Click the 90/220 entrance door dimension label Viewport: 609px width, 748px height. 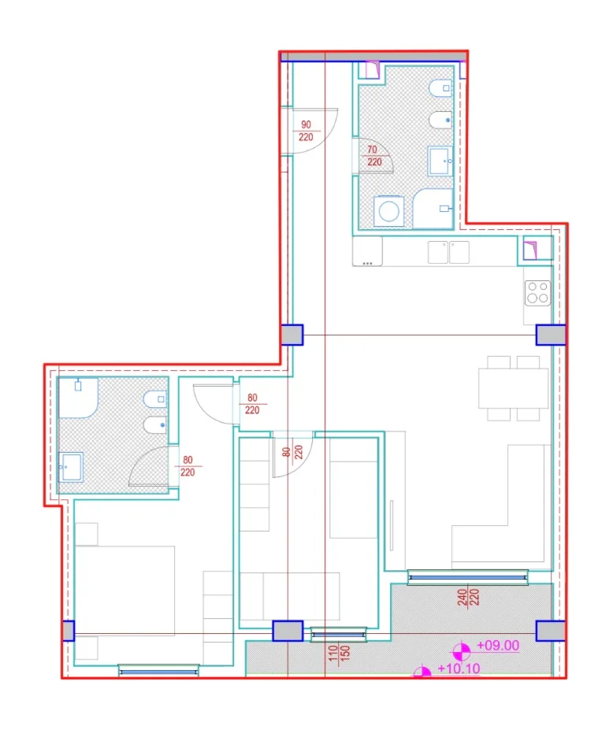tap(306, 131)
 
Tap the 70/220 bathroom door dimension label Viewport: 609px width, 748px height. tap(374, 156)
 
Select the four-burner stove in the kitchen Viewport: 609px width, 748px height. tap(537, 292)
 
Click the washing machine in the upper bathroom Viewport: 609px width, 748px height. tap(388, 211)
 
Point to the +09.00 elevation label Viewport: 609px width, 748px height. tap(498, 646)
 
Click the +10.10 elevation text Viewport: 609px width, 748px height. tap(459, 668)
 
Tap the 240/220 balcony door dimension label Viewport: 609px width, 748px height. tap(468, 598)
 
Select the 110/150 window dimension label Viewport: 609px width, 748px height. tap(340, 653)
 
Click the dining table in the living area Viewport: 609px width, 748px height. tap(514, 388)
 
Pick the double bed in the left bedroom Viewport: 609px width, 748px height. tap(125, 591)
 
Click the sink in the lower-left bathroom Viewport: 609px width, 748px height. tap(71, 467)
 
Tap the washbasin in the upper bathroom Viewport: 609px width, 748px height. tap(440, 161)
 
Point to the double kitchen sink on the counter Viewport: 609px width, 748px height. tap(448, 252)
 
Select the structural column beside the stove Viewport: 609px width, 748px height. tap(550, 335)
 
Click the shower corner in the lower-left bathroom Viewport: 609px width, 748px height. tap(78, 398)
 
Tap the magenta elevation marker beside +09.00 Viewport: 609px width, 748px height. tap(461, 651)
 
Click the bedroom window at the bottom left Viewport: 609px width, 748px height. tap(158, 670)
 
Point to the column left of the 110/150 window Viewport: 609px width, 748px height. tap(288, 631)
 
